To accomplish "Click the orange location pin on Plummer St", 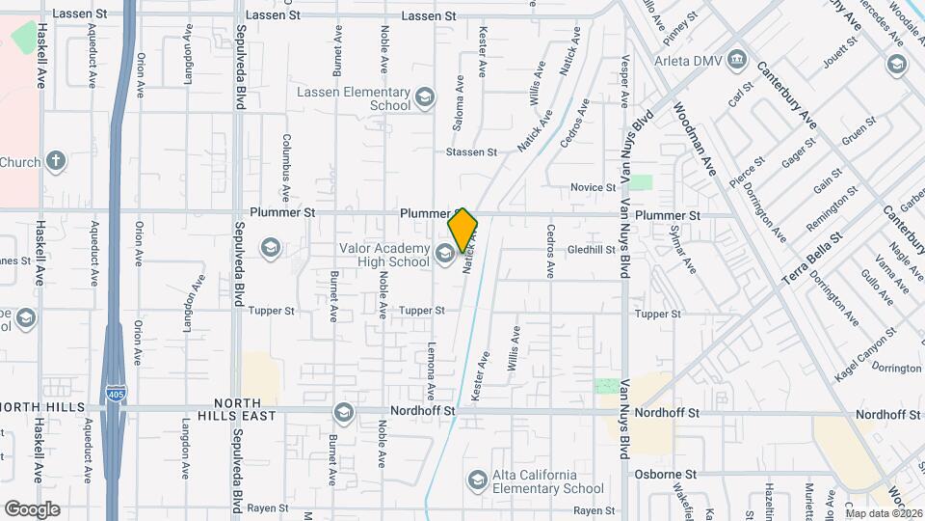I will pyautogui.click(x=462, y=230).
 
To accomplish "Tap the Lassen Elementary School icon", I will pyautogui.click(x=425, y=97).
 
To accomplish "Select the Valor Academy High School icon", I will pyautogui.click(x=445, y=254).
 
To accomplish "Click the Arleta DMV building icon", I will pyautogui.click(x=738, y=60).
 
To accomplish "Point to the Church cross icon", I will pyautogui.click(x=57, y=161).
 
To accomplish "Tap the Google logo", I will pyautogui.click(x=33, y=508).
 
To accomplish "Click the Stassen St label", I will pyautogui.click(x=471, y=152).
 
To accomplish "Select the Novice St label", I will pyautogui.click(x=593, y=187).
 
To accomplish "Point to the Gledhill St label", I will pyautogui.click(x=592, y=249).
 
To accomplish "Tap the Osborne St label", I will pyautogui.click(x=665, y=475).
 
